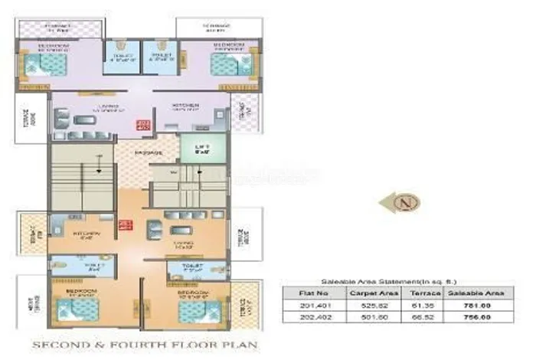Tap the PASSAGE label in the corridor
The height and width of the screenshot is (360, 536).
pyautogui.click(x=149, y=152)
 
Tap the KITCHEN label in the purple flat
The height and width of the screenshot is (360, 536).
pyautogui.click(x=185, y=104)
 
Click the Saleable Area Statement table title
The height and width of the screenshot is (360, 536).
pyautogui.click(x=373, y=280)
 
